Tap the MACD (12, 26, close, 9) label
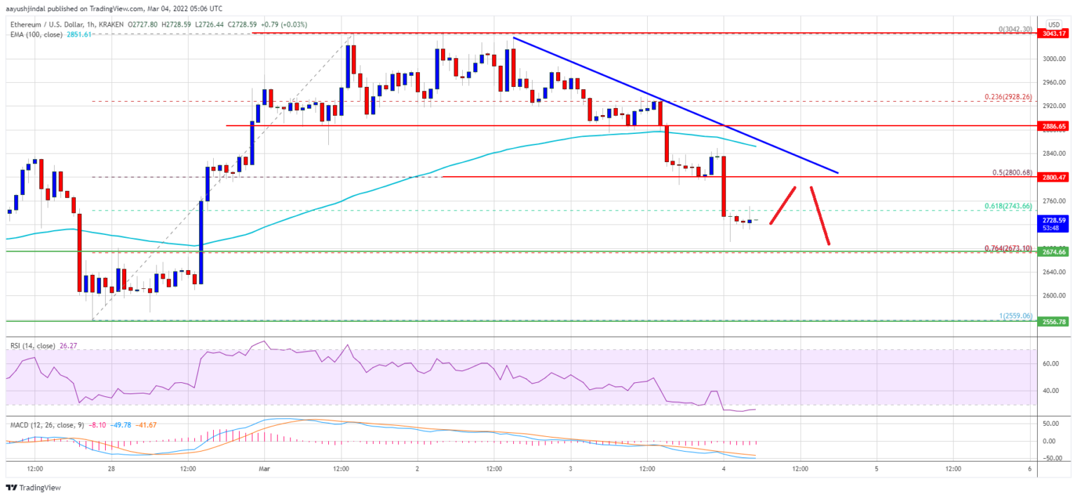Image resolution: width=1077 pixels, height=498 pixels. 45,424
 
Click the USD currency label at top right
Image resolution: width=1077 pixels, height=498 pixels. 1052,24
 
